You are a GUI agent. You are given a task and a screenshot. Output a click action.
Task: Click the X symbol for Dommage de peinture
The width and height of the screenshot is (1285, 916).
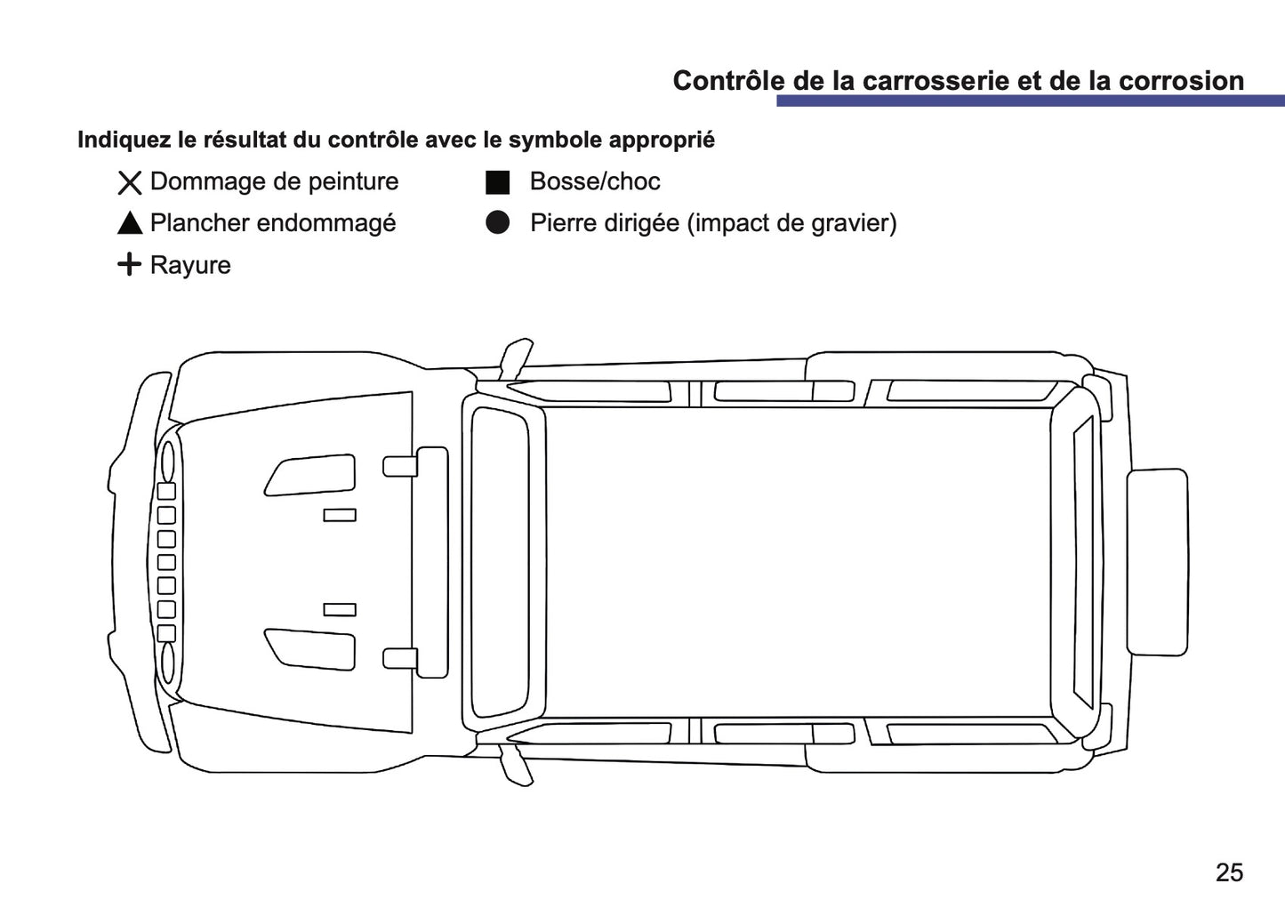tap(130, 183)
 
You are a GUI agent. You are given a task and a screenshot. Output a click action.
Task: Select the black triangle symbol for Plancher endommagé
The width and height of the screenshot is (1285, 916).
tap(130, 224)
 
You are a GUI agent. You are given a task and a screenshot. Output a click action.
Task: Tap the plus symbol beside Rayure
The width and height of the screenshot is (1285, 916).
tap(130, 264)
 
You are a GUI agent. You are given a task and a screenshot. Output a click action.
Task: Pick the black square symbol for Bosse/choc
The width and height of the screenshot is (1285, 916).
tap(498, 182)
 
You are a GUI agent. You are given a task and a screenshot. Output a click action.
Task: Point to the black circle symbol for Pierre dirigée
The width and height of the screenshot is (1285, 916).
tap(498, 223)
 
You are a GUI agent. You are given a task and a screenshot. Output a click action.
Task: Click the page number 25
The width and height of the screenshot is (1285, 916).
tap(1229, 872)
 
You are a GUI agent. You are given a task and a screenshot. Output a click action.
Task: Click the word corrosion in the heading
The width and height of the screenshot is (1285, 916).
tap(1181, 81)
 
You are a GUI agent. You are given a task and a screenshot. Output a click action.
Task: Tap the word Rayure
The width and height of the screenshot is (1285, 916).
tap(190, 265)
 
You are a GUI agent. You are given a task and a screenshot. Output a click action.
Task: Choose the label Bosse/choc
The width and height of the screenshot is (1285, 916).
tap(595, 181)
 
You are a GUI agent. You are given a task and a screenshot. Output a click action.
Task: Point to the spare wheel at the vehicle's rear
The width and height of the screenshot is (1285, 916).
tap(1157, 562)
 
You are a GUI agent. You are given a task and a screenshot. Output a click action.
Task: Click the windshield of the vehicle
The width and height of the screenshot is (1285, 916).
tap(500, 562)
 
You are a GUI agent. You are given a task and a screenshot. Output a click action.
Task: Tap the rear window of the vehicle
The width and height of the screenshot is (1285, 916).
tap(1083, 562)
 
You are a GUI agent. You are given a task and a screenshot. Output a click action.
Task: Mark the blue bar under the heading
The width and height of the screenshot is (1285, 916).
tap(1030, 101)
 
